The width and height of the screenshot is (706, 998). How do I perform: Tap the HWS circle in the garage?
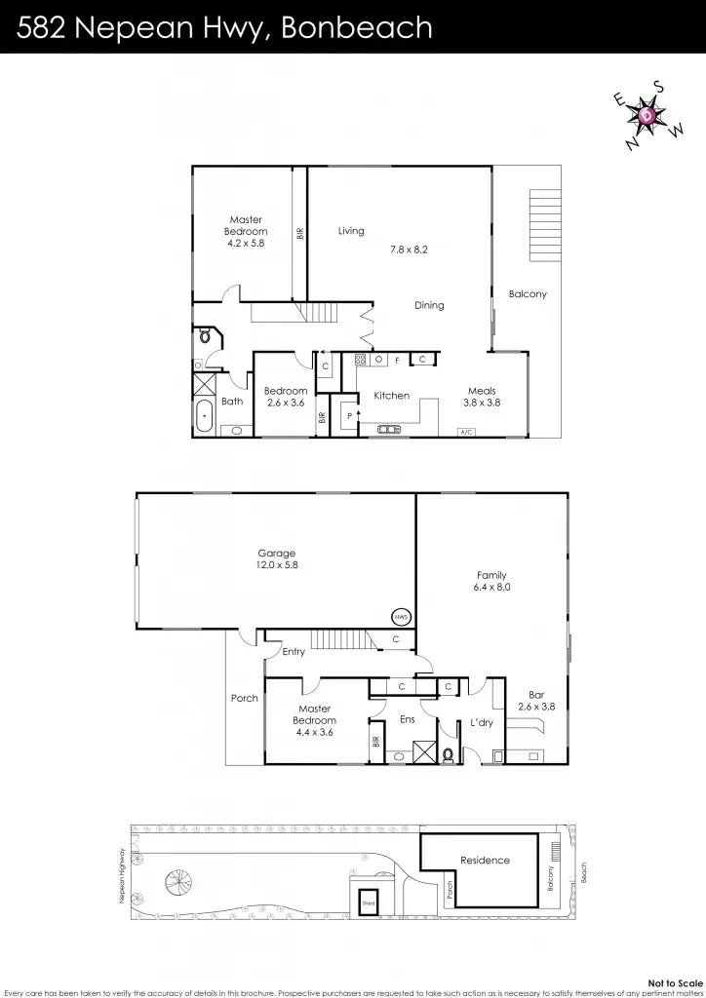[x=400, y=616]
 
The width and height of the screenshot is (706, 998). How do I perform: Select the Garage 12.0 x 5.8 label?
[x=276, y=559]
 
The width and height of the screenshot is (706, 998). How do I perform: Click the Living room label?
[x=351, y=231]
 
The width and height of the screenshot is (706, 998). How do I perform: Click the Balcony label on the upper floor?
[x=528, y=294]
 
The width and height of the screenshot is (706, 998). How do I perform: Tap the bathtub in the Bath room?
[x=205, y=416]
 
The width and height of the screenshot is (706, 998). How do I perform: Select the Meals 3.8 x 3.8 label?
[x=481, y=397]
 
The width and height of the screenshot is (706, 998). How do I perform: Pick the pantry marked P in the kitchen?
[x=348, y=415]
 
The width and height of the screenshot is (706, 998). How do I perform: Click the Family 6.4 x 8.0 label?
[x=491, y=581]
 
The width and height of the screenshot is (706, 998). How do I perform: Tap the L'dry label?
[x=481, y=722]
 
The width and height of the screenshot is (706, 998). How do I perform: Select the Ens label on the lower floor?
[x=409, y=720]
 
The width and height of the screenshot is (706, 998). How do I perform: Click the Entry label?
[x=294, y=652]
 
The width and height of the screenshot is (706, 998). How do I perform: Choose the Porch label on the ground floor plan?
[x=244, y=698]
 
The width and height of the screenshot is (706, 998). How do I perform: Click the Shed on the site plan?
[x=369, y=902]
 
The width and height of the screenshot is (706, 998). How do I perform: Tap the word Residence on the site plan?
[x=485, y=860]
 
